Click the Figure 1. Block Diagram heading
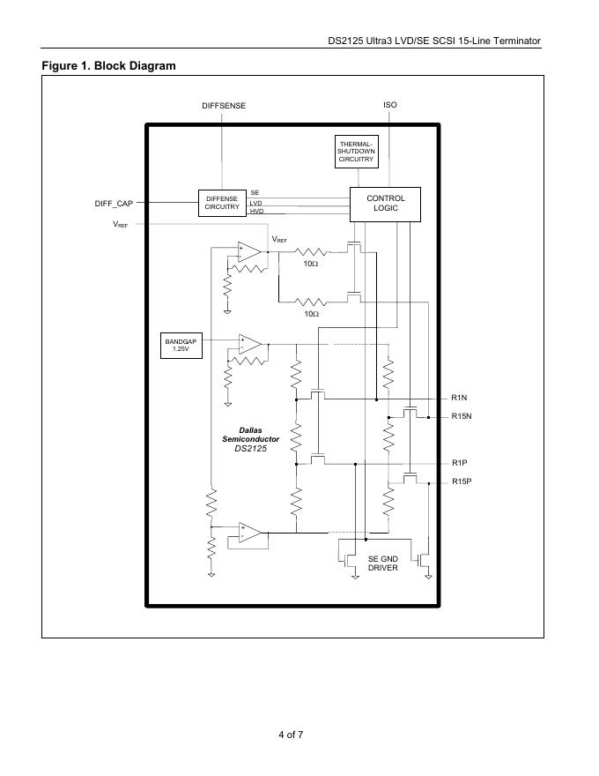coord(108,66)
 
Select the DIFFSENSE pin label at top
coord(224,106)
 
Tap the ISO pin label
coord(389,105)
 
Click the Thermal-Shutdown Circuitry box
coord(356,152)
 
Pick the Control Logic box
coord(385,204)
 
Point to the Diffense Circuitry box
coord(222,204)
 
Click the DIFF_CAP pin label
coord(114,204)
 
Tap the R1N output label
coord(459,399)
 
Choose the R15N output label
coord(462,416)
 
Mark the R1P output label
coord(459,463)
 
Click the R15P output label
coord(462,481)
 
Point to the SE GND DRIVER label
coord(383,563)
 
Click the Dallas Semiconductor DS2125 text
coord(250,439)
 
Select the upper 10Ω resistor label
coord(311,264)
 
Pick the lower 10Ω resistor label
coord(311,314)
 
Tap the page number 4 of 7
coord(291,735)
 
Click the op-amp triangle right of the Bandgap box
coord(249,344)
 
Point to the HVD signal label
coord(256,213)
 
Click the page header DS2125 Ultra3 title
coord(439,41)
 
